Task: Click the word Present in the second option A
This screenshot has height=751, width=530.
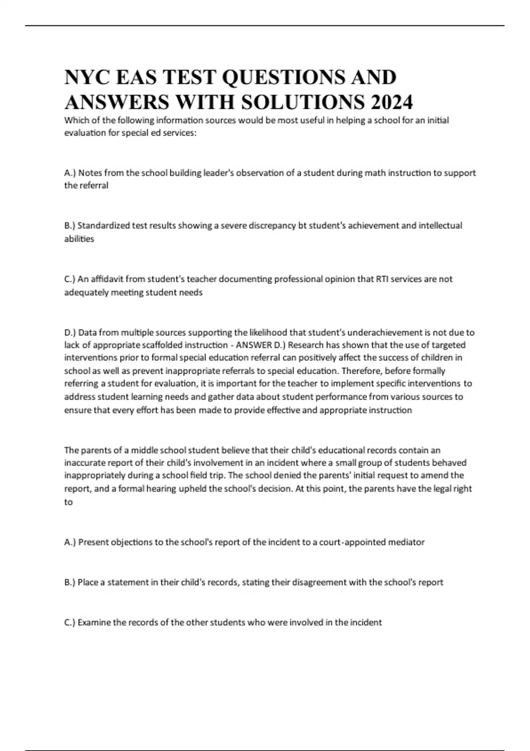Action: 93,542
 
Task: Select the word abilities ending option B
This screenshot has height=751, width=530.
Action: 79,239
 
